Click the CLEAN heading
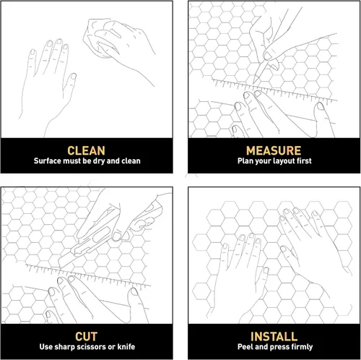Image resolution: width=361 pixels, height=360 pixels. [87, 150]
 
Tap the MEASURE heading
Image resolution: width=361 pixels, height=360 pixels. [273, 150]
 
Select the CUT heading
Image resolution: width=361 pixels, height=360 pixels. [87, 337]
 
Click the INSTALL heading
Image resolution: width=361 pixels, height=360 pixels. [273, 337]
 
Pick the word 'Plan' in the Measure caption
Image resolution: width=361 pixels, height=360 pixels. [246, 161]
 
